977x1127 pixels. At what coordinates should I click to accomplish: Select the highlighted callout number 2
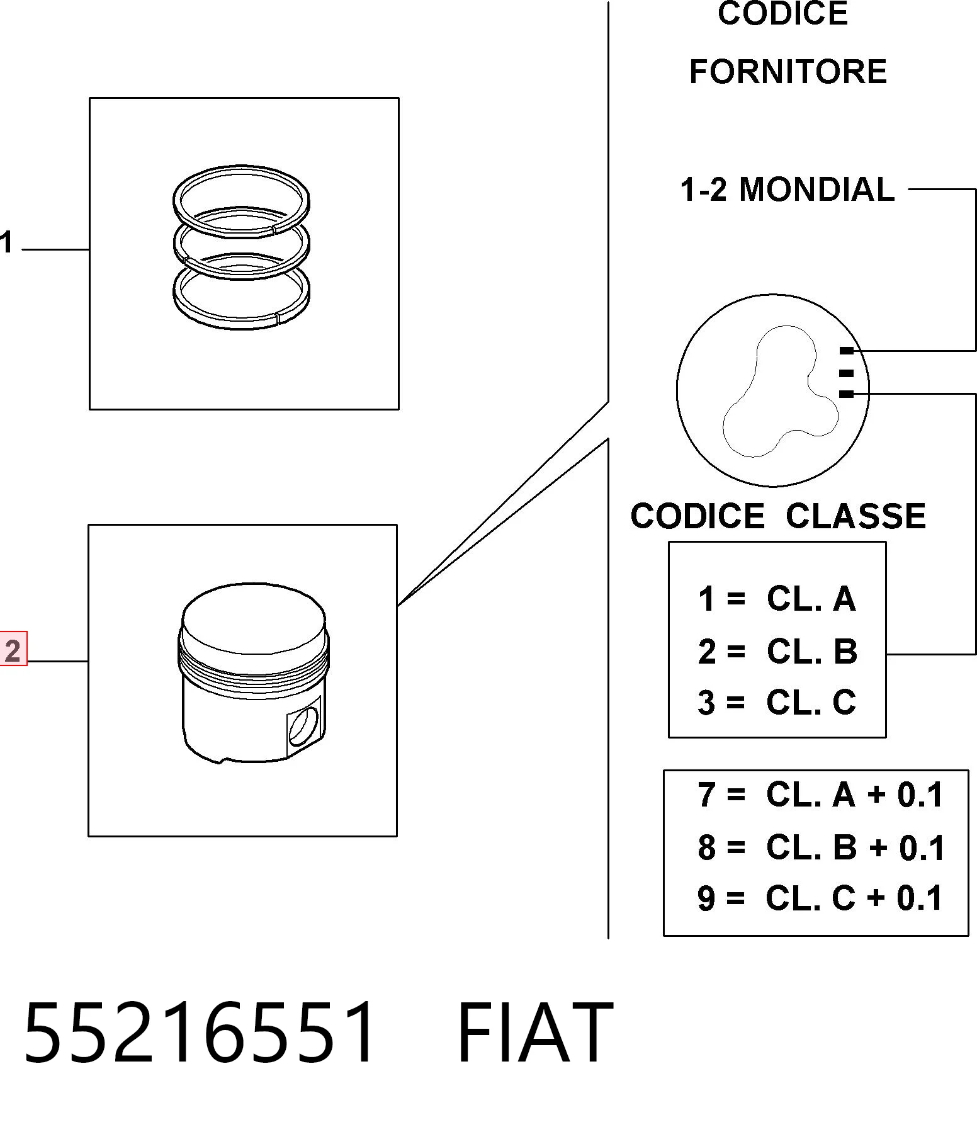click(13, 649)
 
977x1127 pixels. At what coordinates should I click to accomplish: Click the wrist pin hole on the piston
click(303, 725)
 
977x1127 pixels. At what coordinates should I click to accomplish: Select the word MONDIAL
click(816, 190)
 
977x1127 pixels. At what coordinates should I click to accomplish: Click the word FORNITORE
click(788, 72)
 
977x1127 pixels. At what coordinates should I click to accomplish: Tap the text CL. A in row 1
click(811, 599)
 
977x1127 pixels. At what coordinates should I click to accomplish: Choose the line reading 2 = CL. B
click(777, 652)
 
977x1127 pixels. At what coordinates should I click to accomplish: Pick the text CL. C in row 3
click(811, 703)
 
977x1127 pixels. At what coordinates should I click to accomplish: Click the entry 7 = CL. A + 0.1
click(820, 795)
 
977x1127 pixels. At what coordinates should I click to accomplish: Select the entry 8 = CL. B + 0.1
click(821, 847)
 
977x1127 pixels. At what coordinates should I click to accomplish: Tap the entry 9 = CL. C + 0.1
click(820, 898)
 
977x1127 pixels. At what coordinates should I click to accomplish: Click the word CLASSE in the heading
click(856, 516)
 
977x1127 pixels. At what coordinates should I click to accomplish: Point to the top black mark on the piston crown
click(847, 351)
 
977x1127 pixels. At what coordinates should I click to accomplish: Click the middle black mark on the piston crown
click(847, 373)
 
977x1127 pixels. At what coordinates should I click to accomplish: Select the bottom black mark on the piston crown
click(847, 394)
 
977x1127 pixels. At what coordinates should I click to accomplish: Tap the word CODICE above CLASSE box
click(697, 516)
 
